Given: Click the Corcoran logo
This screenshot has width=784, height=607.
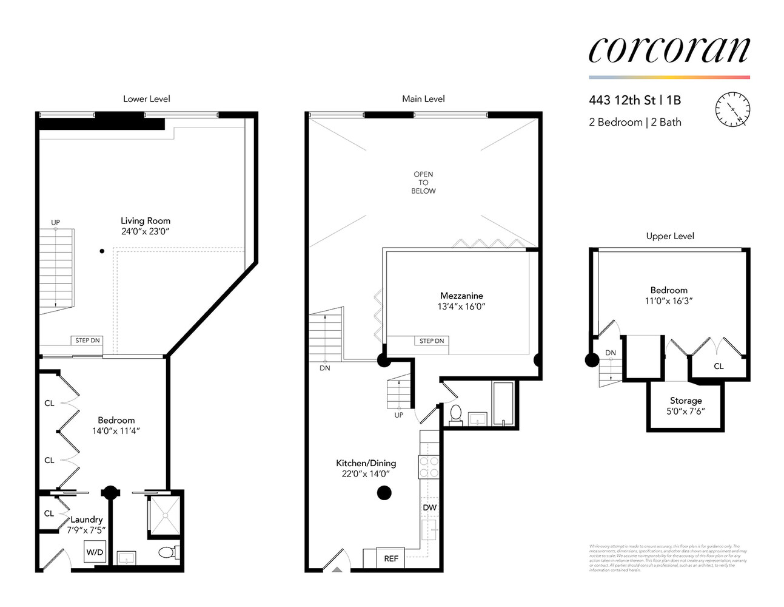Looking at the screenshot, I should tap(669, 50).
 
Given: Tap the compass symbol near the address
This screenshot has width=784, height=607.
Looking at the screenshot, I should tap(732, 110).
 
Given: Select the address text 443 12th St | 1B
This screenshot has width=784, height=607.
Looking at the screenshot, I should tap(634, 100).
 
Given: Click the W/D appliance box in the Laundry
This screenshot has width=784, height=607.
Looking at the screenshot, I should tap(95, 552).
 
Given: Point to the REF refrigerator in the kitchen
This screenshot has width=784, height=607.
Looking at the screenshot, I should tap(391, 558).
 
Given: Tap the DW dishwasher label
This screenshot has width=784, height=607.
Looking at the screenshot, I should tap(429, 507).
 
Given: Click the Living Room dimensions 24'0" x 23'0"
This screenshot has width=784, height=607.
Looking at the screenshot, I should tap(145, 231).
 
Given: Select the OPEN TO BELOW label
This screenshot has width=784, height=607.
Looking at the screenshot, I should tap(423, 183).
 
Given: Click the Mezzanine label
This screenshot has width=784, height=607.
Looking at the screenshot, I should tap(461, 296).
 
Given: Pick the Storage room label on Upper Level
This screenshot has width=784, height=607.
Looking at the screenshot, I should tap(686, 401).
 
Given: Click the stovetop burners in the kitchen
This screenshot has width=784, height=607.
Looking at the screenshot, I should tap(429, 467).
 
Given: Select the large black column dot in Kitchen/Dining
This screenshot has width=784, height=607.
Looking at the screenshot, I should tap(384, 493).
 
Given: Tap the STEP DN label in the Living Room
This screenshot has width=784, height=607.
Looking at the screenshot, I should tap(87, 341).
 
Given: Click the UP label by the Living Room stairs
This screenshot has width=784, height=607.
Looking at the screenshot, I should tap(55, 223).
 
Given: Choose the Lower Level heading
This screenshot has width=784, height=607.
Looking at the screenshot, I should tap(147, 99).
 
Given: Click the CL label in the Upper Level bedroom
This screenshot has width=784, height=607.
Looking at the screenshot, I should tap(719, 366).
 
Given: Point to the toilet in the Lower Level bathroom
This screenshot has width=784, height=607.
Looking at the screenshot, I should tap(167, 553).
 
